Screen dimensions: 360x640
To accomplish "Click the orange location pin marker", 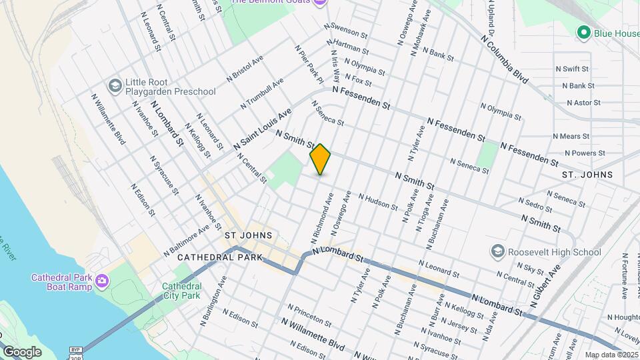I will pyautogui.click(x=321, y=159).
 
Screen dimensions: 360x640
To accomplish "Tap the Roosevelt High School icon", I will pyautogui.click(x=497, y=252).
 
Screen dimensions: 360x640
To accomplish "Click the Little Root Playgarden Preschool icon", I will pyautogui.click(x=115, y=85).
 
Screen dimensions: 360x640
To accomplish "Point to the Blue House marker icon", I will pyautogui.click(x=584, y=32).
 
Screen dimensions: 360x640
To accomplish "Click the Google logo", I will pyautogui.click(x=23, y=352).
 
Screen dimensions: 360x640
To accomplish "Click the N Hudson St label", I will pyautogui.click(x=378, y=201).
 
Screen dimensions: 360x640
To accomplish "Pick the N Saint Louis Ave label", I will pyautogui.click(x=263, y=129).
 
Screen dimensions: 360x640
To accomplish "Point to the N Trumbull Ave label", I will pyautogui.click(x=265, y=93).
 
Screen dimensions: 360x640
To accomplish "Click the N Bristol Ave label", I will pyautogui.click(x=245, y=69).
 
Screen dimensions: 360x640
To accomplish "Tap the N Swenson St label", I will pyautogui.click(x=346, y=31).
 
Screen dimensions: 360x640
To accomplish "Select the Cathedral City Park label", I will pyautogui.click(x=181, y=291).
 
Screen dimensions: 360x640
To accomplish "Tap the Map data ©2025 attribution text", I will pyautogui.click(x=611, y=355).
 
